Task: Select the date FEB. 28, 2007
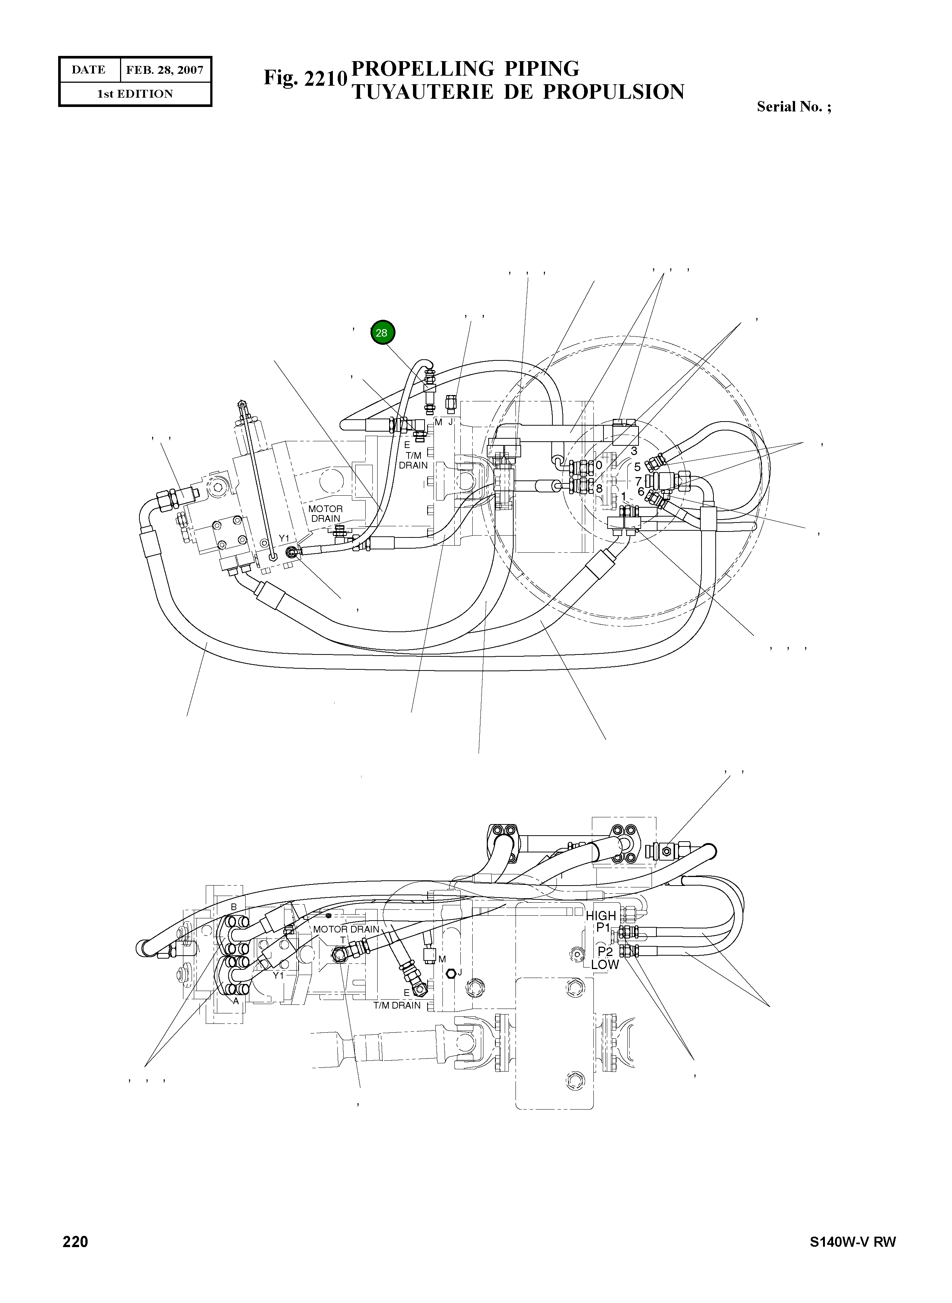165,70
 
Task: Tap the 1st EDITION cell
135,94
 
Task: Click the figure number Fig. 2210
305,78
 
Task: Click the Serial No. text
794,107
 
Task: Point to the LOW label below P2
605,964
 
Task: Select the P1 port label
603,927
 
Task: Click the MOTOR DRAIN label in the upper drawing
325,514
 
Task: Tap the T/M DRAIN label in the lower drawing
397,1005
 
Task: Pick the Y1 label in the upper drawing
284,538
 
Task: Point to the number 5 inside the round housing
637,467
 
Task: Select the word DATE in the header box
89,70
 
